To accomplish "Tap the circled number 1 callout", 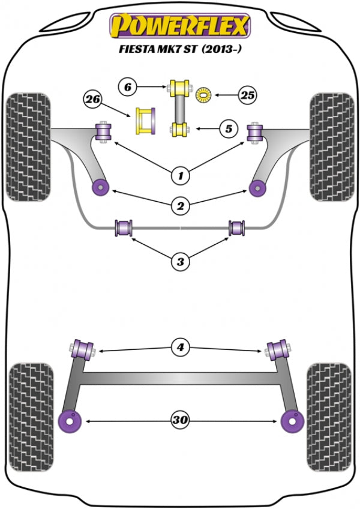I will (x=179, y=176).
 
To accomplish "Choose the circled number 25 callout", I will (x=247, y=94).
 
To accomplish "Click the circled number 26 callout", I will (x=92, y=99).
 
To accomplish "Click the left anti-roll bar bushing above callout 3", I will (x=124, y=228).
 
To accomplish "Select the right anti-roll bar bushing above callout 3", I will (x=236, y=228).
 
